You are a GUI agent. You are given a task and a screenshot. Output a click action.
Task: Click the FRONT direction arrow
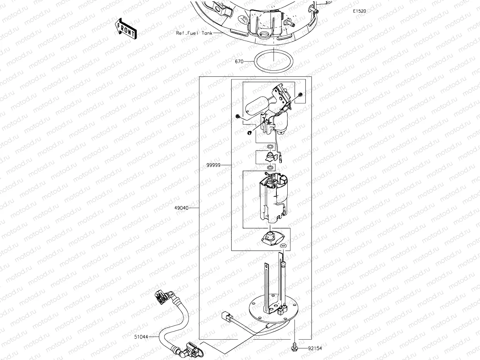126,28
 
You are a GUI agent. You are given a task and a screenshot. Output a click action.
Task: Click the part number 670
239,61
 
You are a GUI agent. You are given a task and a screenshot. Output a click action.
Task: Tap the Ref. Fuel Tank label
194,33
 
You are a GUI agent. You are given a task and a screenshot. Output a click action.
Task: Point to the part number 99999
214,165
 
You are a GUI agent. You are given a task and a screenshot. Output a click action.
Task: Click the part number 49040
181,208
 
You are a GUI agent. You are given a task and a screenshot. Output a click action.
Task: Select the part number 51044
141,337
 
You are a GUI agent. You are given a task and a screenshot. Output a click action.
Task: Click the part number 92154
315,348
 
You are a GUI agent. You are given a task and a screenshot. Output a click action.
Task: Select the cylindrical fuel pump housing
274,200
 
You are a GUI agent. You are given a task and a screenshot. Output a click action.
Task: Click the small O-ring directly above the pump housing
269,168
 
